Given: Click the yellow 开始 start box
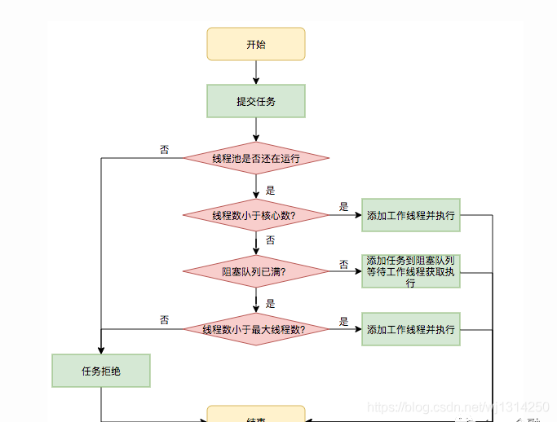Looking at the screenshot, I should [x=255, y=44].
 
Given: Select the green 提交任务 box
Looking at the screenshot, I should [x=255, y=101].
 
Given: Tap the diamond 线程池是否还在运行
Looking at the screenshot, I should [x=255, y=158].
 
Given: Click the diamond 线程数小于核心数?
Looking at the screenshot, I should [x=255, y=216].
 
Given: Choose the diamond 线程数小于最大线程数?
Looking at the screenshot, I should [x=255, y=329].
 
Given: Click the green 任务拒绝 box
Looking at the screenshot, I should [x=101, y=371].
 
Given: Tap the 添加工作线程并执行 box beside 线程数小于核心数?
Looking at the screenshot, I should [x=410, y=216].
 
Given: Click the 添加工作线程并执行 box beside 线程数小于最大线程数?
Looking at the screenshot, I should [x=410, y=329].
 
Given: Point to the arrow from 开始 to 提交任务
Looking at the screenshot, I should [x=255, y=73].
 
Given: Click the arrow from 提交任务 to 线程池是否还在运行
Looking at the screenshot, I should [x=255, y=130].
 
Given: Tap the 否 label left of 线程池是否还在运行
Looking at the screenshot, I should [x=164, y=150].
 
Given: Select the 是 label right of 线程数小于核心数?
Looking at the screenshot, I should [x=343, y=207].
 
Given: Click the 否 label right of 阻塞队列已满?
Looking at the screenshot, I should [x=343, y=264].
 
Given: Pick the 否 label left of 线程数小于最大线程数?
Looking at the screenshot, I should [x=164, y=320].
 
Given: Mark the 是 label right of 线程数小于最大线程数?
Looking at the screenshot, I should [x=343, y=321].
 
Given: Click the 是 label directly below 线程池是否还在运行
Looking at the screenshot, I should [x=270, y=191].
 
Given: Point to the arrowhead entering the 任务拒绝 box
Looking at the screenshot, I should [x=101, y=349].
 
